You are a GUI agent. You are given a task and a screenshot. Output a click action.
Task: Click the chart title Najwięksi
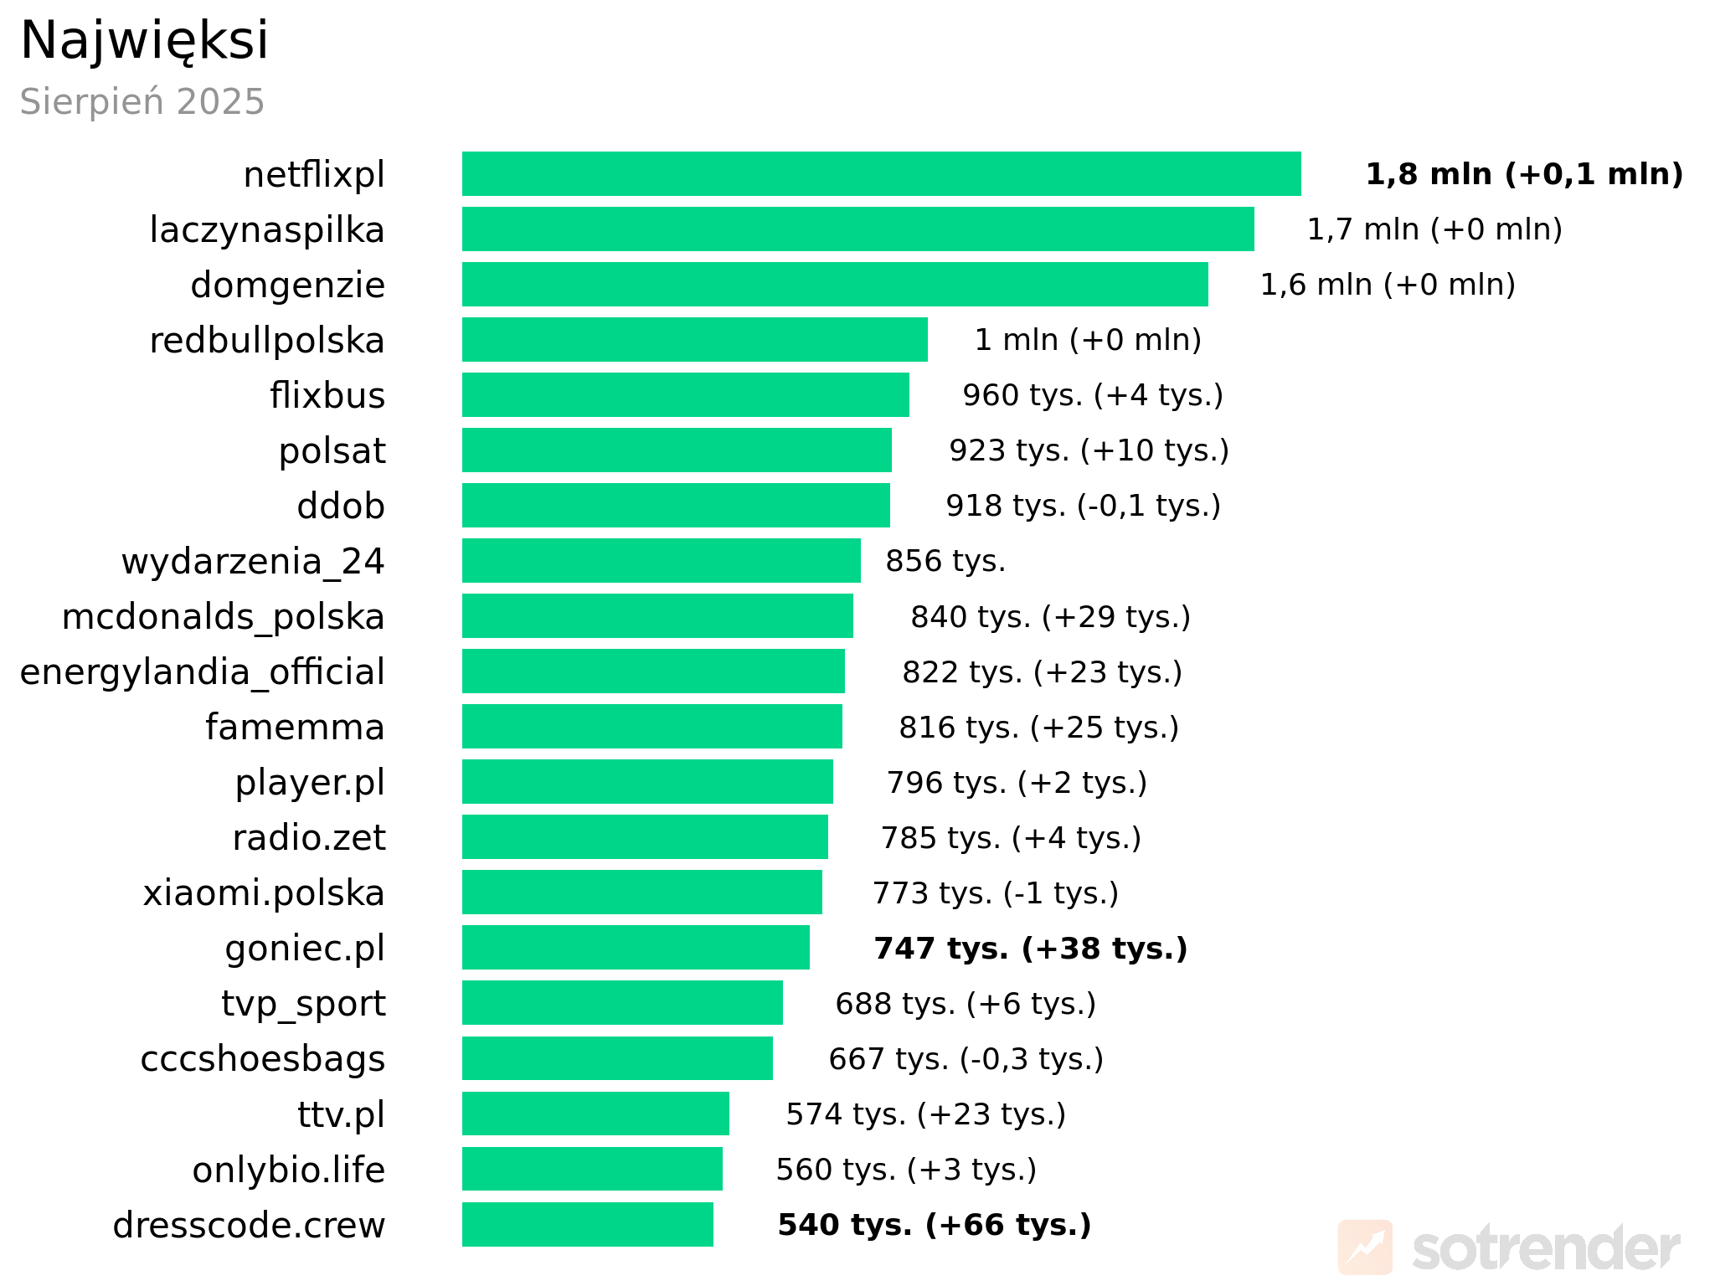[144, 40]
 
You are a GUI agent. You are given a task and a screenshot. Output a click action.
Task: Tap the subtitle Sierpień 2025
[142, 102]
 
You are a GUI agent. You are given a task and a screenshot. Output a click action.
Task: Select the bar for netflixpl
[881, 174]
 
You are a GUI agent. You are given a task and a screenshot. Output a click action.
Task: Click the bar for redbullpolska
[694, 340]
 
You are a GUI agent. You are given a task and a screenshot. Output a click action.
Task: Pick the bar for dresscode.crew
[587, 1225]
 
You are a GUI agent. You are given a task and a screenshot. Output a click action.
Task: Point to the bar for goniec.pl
[636, 948]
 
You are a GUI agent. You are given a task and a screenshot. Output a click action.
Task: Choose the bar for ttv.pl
[595, 1114]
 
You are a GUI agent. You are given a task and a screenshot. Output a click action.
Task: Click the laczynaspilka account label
[267, 230]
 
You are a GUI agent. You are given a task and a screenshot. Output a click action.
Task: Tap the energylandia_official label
[202, 672]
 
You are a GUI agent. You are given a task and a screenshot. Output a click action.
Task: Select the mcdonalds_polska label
[223, 617]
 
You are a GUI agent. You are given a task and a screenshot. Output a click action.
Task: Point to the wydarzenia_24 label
[253, 562]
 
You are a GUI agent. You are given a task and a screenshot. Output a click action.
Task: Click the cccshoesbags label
[263, 1059]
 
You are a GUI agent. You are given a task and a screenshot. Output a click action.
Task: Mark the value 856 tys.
[945, 561]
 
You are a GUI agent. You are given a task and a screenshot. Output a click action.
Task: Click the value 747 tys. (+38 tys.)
[1031, 949]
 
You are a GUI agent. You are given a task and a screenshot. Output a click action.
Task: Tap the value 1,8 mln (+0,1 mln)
[1524, 174]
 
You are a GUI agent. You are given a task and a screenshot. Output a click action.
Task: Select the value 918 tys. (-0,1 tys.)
[1083, 506]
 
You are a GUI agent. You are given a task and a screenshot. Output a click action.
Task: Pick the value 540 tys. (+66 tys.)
[935, 1225]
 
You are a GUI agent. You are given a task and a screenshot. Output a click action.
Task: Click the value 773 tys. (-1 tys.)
[996, 893]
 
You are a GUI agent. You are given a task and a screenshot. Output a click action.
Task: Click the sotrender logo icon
[1365, 1247]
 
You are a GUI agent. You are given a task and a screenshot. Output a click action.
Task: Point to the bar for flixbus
[685, 395]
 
